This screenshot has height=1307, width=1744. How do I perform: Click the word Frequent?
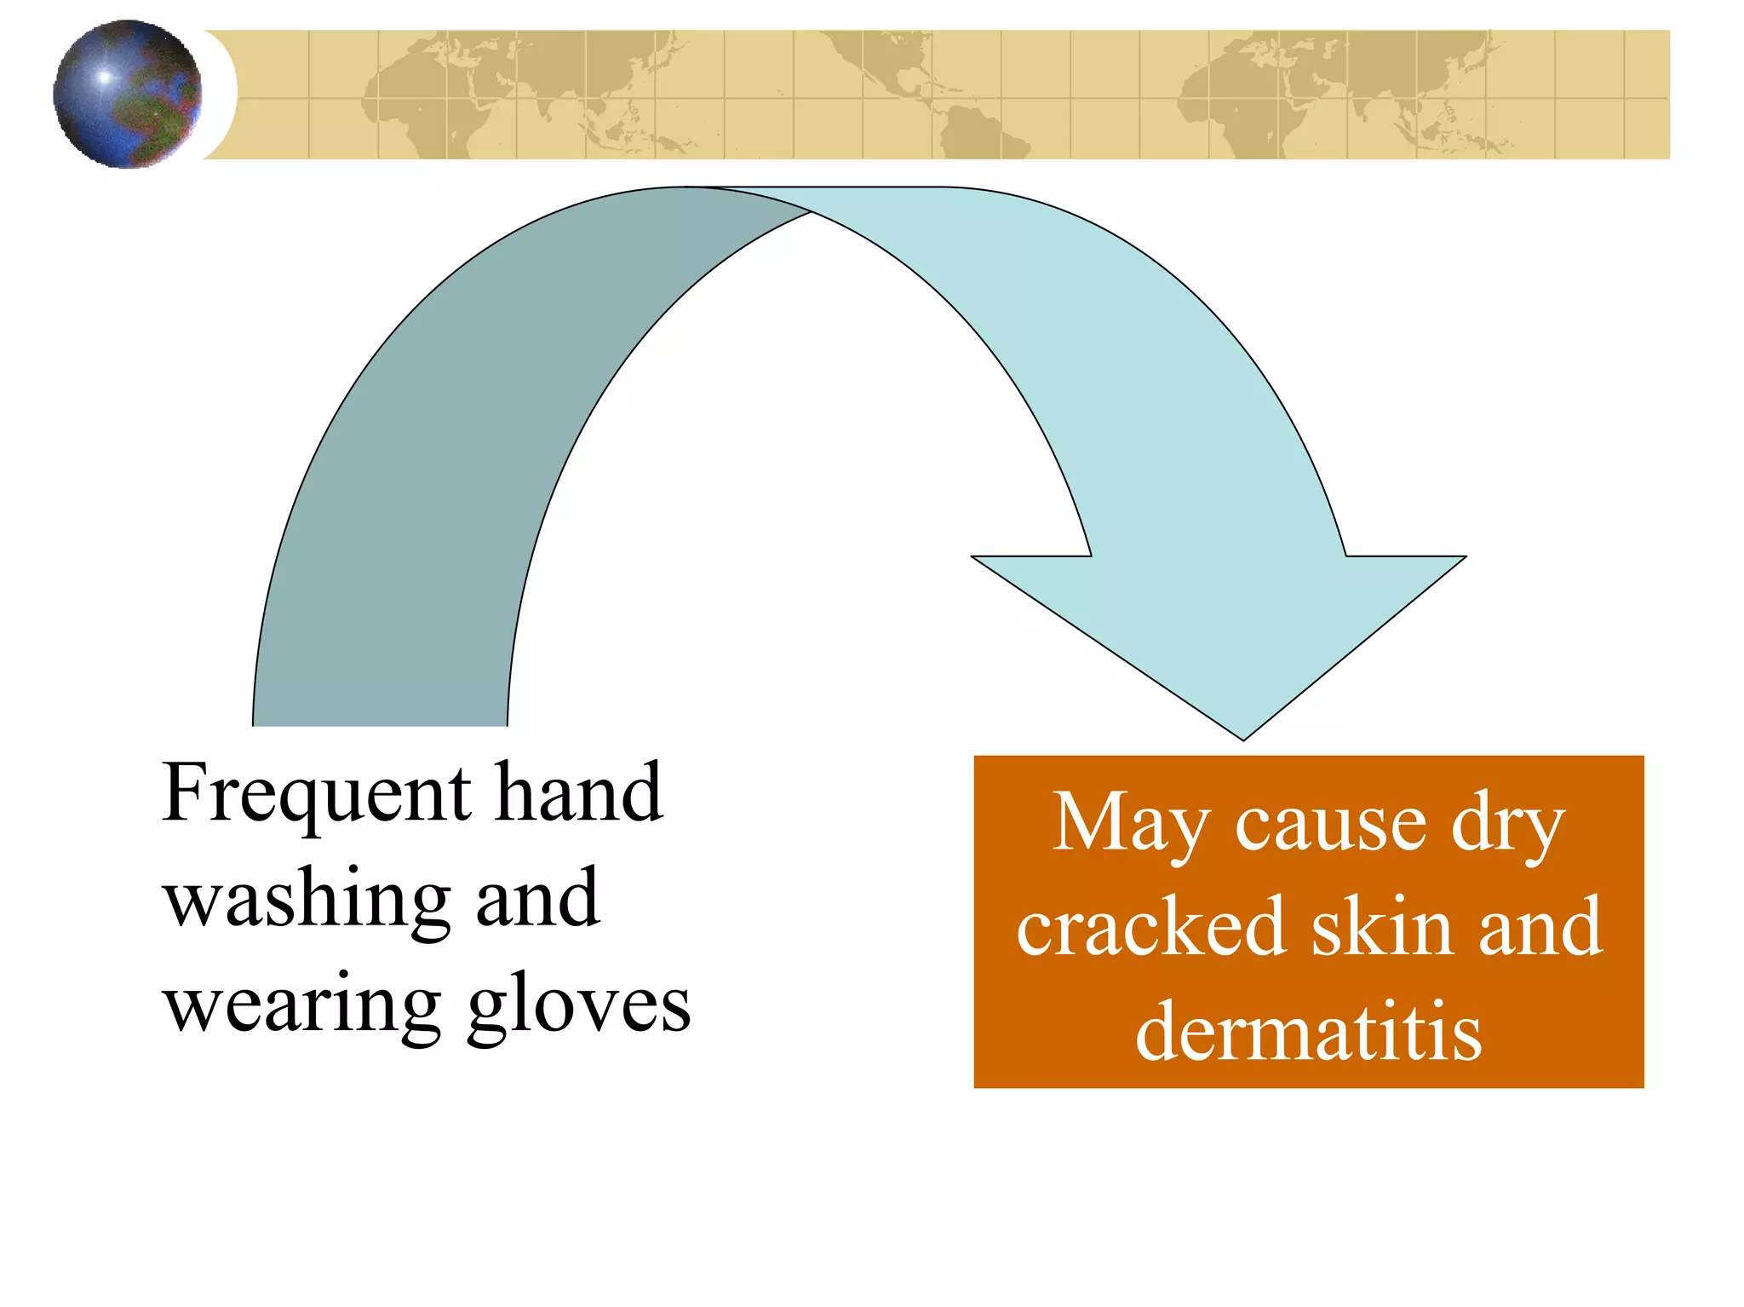(316, 794)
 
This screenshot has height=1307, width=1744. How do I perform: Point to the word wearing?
(302, 1006)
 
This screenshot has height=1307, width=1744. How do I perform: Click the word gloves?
(579, 1006)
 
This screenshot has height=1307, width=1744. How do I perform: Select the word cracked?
(1150, 929)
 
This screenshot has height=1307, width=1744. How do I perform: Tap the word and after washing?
(537, 900)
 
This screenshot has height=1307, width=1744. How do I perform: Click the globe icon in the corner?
(128, 94)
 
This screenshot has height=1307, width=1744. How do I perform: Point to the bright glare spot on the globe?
(104, 77)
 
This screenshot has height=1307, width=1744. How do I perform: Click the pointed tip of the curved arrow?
(1242, 738)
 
